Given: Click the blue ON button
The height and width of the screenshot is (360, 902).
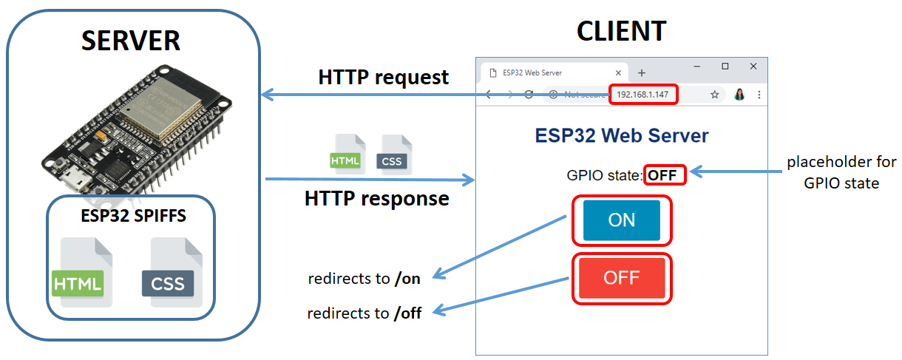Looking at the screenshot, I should click(621, 220).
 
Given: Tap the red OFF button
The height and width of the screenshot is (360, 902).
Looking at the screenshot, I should click(621, 278).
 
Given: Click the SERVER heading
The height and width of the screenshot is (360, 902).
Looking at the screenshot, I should click(130, 40).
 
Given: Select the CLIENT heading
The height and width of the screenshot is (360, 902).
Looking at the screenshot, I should click(621, 31).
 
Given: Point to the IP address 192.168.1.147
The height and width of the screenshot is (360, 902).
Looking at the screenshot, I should click(642, 95).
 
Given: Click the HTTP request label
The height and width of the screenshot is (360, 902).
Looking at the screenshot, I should click(383, 77).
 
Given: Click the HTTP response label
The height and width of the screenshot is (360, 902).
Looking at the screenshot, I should click(376, 199).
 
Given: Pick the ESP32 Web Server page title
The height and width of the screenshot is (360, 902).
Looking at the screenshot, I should click(621, 136).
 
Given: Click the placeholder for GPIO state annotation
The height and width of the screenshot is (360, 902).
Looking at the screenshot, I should click(841, 172).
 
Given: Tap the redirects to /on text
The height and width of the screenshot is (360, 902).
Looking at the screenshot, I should click(364, 279).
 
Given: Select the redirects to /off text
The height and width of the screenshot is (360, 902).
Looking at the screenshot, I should click(364, 313).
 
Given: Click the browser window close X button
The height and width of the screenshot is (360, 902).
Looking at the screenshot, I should click(753, 67).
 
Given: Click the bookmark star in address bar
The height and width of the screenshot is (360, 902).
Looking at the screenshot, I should click(715, 95).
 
